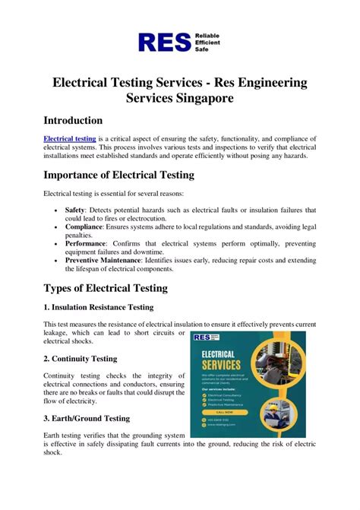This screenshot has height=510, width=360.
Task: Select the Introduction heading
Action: point(73,121)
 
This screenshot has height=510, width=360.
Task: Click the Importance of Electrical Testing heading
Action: point(118,176)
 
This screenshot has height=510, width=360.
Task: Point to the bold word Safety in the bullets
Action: point(74,209)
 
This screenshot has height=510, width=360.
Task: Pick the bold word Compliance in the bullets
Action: point(84,225)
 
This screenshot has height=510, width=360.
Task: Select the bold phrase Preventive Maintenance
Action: point(103,260)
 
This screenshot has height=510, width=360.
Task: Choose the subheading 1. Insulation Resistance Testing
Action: point(98,307)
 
